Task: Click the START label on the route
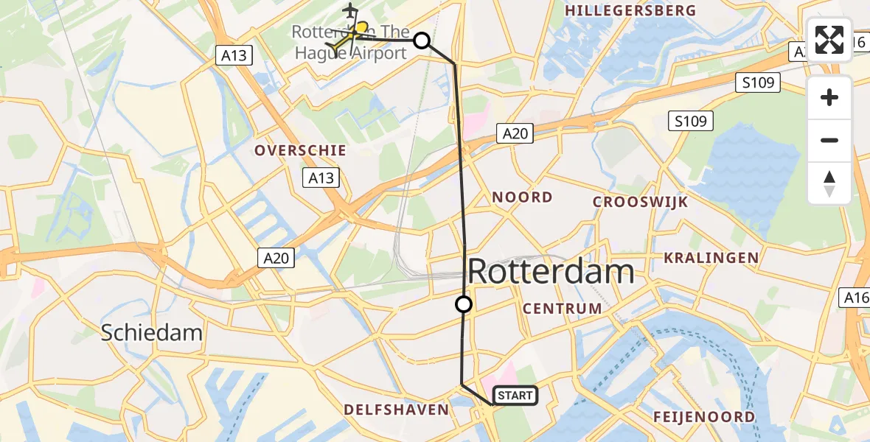click(515, 396)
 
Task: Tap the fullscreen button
click(829, 40)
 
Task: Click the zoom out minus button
click(829, 140)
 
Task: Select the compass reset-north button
click(829, 183)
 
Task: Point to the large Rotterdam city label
click(551, 271)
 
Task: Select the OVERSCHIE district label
click(300, 150)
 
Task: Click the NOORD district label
click(522, 197)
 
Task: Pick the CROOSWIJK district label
click(640, 202)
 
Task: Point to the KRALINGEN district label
click(711, 257)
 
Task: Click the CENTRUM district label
click(563, 309)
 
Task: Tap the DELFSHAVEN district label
click(396, 410)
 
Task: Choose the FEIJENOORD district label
click(703, 417)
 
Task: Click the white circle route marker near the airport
click(422, 40)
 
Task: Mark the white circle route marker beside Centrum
click(463, 304)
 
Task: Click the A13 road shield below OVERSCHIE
click(321, 177)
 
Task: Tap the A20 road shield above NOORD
click(515, 133)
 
